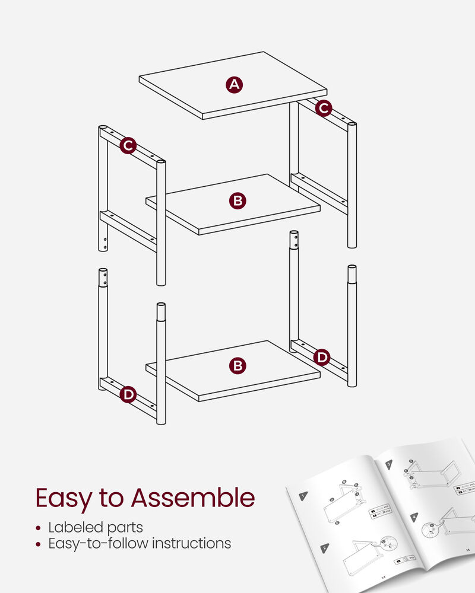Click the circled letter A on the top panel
point(235,85)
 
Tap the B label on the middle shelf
point(237,201)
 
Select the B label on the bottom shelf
point(237,366)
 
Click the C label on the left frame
point(128,145)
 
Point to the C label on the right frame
point(323,108)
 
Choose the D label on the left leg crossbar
point(128,394)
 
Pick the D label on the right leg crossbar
point(321,357)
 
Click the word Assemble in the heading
point(193,498)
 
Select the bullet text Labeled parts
point(96,527)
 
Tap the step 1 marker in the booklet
point(303,496)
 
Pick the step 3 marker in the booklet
point(389,464)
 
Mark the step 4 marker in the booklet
point(414,516)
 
